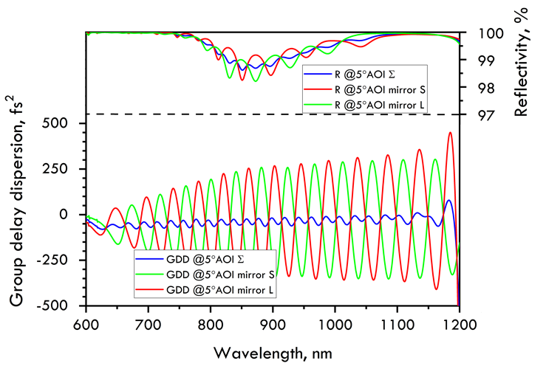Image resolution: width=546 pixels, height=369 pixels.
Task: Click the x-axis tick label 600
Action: point(86,323)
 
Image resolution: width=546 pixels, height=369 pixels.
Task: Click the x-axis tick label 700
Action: point(148,323)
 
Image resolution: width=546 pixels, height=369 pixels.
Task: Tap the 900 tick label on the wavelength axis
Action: point(273,323)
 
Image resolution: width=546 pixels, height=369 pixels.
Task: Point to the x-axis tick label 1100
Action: point(397,323)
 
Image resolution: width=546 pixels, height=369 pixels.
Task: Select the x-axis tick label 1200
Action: point(460,323)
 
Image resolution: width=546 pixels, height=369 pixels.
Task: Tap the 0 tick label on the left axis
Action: point(74,215)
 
